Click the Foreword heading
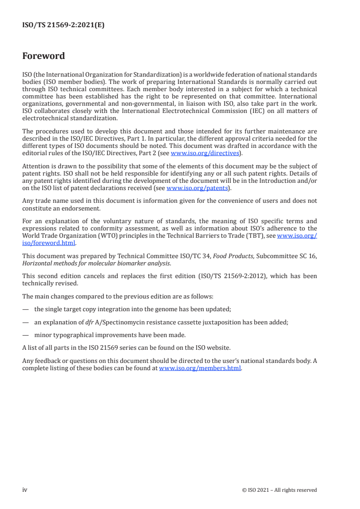[x=44, y=56]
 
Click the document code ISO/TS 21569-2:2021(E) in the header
[x=63, y=25]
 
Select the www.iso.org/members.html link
[x=200, y=368]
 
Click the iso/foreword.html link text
[x=49, y=243]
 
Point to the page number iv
[x=25, y=490]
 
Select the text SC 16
[x=307, y=256]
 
